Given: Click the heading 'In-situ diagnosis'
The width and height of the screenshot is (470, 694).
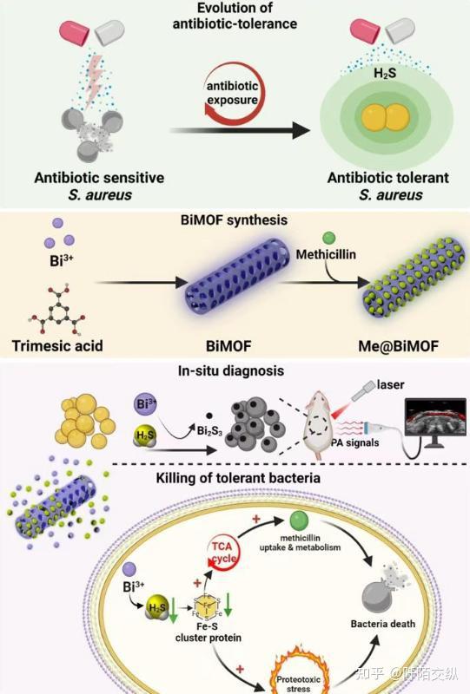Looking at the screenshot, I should click(x=234, y=372).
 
